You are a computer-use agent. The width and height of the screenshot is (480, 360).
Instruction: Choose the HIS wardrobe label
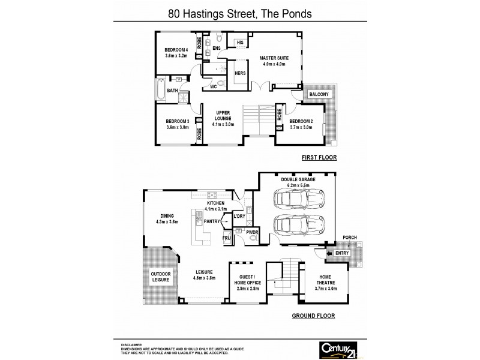[239, 43]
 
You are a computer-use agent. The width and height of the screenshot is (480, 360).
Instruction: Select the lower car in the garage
[296, 226]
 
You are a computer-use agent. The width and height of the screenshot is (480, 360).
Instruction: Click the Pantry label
[211, 221]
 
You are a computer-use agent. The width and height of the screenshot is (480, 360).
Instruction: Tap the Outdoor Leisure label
[161, 277]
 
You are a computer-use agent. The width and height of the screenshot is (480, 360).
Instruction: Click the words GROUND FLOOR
[313, 316]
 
